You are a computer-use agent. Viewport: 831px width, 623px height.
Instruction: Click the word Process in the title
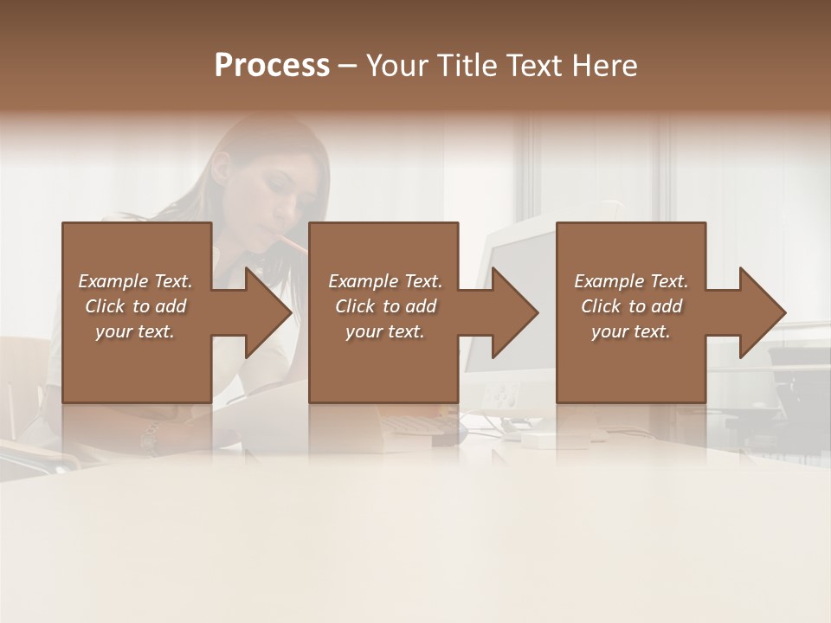point(272,66)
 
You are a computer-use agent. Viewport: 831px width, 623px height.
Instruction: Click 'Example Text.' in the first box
point(135,281)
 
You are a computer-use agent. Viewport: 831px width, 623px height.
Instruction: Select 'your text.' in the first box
point(135,331)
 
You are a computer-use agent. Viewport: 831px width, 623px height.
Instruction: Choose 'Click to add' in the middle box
point(385,306)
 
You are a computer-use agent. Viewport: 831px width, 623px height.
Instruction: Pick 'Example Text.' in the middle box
point(385,281)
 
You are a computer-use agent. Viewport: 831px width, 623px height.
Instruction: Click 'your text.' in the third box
point(631,331)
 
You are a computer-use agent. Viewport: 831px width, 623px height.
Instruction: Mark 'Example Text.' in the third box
point(631,281)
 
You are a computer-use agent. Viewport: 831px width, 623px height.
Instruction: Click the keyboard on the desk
point(415,423)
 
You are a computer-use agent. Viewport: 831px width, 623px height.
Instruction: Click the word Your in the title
point(397,66)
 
